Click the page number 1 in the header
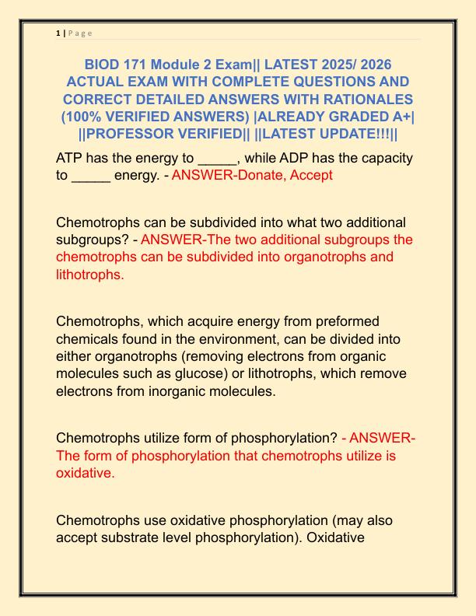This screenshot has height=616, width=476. (58, 33)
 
